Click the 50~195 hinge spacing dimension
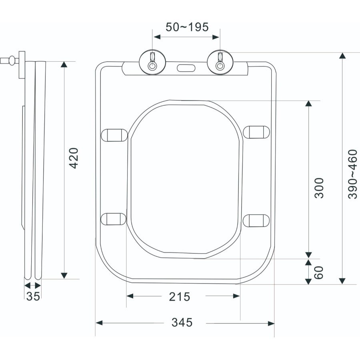point(187,27)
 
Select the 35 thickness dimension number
point(33,296)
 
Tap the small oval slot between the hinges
point(186,68)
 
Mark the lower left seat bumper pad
point(113,218)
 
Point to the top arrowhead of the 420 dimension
point(64,65)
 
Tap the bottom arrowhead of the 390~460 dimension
point(342,280)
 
